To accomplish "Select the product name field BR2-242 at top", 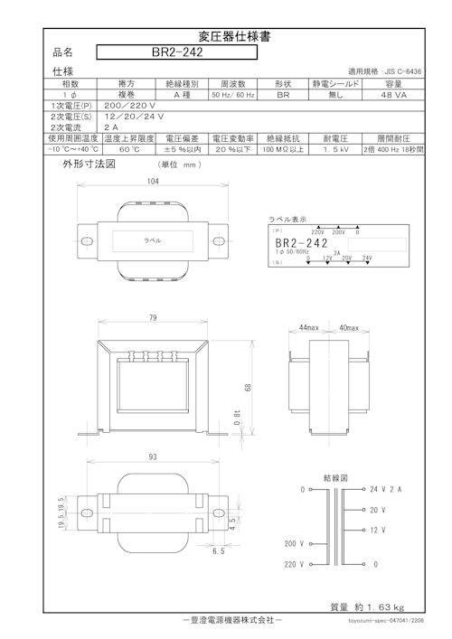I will pos(176,52).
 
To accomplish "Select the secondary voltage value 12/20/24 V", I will pos(134,117).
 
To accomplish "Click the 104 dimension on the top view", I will pos(155,182).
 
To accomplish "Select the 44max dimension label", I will pos(310,326).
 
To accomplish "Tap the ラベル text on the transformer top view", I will pos(153,242).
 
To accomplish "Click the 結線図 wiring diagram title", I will pos(336,476).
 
